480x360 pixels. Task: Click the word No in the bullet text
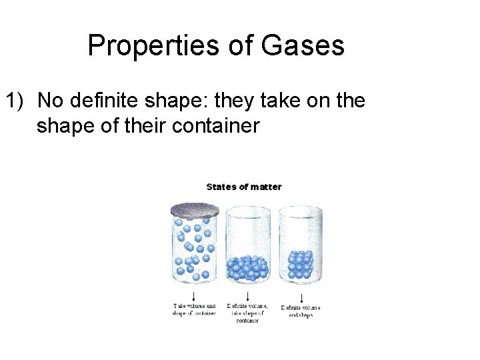[49, 101]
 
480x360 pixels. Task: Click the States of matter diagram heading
[244, 187]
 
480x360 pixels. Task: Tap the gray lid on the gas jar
[195, 210]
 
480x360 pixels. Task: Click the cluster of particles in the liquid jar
[247, 267]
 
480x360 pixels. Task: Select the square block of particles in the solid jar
[300, 265]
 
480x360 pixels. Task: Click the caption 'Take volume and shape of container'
[194, 310]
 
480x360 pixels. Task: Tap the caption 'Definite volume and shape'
[301, 311]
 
